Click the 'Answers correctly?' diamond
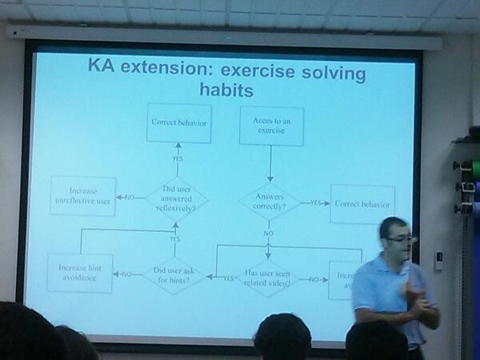click(x=270, y=202)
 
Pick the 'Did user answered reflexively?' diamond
click(x=177, y=198)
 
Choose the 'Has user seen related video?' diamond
click(x=266, y=278)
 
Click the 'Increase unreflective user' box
click(x=82, y=196)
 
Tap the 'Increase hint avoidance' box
click(x=79, y=272)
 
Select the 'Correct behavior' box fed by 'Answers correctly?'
click(x=362, y=204)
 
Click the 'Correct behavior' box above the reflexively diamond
click(x=178, y=123)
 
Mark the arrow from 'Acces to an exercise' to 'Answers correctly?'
click(x=270, y=164)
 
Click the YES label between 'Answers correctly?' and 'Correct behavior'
click(x=316, y=203)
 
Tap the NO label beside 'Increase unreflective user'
click(x=128, y=197)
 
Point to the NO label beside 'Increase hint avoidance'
click(x=125, y=274)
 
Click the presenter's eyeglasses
click(x=400, y=238)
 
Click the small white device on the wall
click(x=438, y=261)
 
